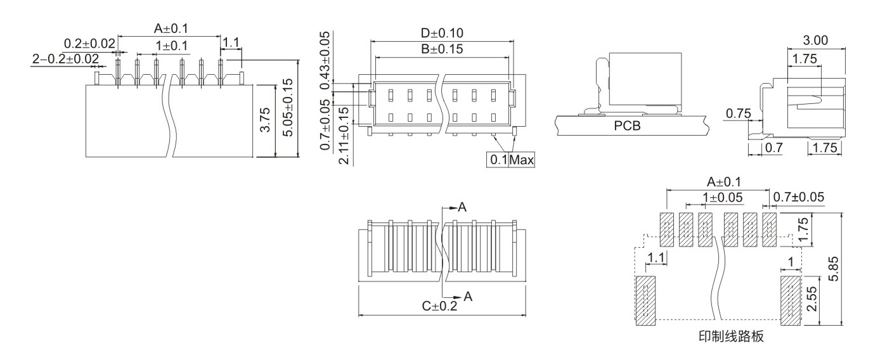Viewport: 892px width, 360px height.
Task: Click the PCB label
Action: point(627,126)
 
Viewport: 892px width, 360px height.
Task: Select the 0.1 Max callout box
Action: point(510,159)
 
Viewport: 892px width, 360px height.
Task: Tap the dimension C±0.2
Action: point(439,306)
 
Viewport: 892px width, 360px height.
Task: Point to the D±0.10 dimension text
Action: point(442,33)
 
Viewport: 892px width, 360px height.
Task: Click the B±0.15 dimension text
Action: point(442,49)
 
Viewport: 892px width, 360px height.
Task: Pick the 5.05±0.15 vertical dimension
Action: point(288,108)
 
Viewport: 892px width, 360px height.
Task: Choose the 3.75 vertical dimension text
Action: point(265,119)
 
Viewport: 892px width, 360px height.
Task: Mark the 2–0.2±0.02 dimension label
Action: point(65,59)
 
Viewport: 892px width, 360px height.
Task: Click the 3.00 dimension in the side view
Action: point(815,40)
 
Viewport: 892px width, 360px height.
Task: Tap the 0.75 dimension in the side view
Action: point(739,113)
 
